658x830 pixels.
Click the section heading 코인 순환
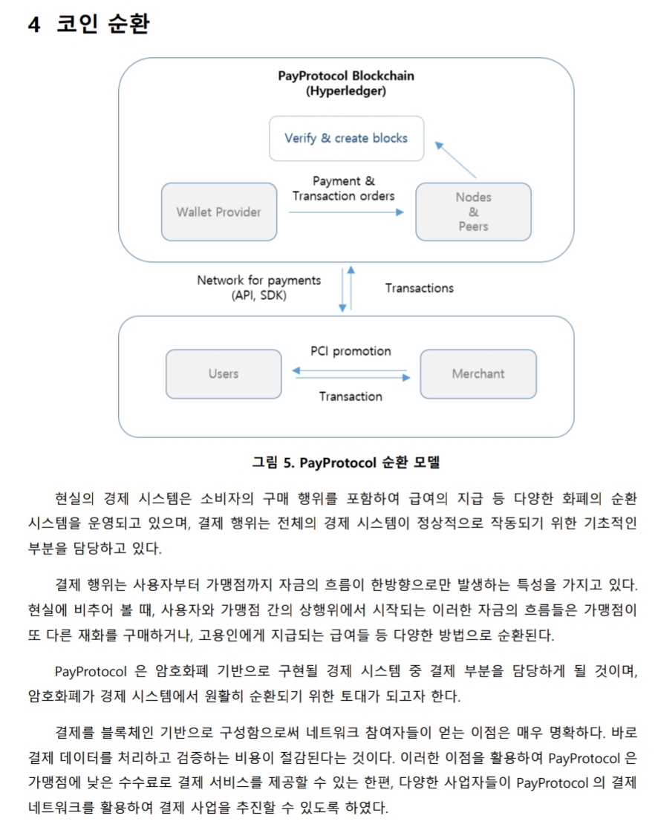pos(103,24)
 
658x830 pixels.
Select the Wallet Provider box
pos(218,212)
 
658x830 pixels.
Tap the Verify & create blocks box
pos(346,138)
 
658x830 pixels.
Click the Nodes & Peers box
pos(473,212)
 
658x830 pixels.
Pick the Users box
pos(223,374)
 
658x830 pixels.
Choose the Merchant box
pos(478,374)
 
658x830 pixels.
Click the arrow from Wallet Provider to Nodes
pos(346,212)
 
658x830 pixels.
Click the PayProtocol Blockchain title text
pos(346,76)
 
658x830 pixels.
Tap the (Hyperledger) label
pos(346,92)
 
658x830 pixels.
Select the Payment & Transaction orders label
pos(343,189)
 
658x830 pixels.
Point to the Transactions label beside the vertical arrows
pos(419,288)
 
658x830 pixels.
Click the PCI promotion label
pos(351,351)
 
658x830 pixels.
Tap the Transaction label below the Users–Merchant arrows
pos(351,396)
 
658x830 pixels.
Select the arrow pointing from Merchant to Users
pos(350,369)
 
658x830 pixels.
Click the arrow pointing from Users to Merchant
pos(353,378)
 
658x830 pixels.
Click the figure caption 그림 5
pos(346,463)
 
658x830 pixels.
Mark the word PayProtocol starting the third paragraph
pos(89,672)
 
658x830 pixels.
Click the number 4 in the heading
pos(34,24)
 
